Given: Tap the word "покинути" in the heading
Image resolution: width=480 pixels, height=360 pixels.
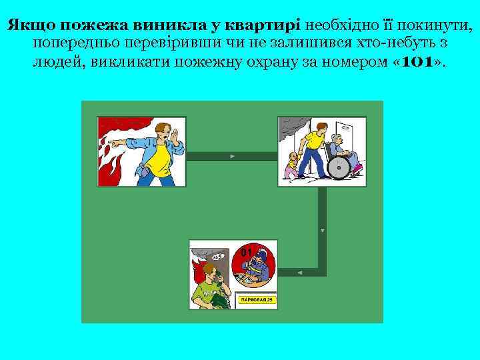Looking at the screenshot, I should click(437, 27).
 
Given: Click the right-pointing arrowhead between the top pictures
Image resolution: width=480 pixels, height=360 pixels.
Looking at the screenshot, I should click(231, 156).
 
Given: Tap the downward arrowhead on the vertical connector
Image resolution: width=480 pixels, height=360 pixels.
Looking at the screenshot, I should click(323, 231).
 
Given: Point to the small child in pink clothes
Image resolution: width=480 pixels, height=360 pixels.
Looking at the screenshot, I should click(292, 165).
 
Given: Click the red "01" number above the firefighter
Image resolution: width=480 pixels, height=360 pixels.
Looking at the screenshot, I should click(245, 253).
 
